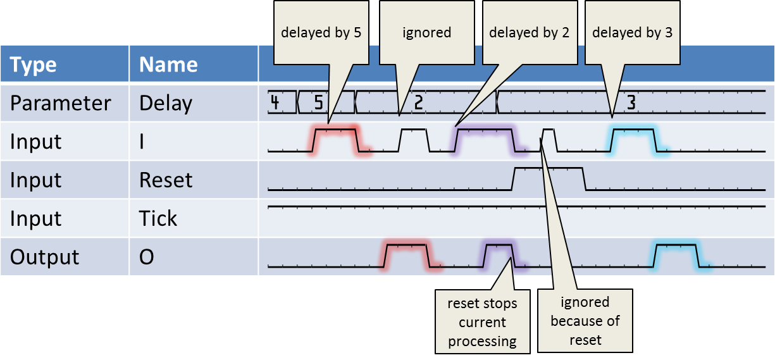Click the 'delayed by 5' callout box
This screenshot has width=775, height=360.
(x=321, y=32)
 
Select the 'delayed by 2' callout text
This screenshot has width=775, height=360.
(x=529, y=32)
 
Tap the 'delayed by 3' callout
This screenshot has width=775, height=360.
(x=632, y=32)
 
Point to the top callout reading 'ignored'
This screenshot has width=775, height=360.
(x=426, y=32)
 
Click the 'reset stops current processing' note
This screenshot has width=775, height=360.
(x=483, y=322)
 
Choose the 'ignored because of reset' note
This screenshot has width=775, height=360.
(x=585, y=321)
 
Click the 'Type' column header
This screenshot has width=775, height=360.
(x=34, y=65)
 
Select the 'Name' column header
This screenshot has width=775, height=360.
(x=168, y=65)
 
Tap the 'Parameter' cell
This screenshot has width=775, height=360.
(x=61, y=103)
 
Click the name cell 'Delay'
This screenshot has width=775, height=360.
(x=166, y=103)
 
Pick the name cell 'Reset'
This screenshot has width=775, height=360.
(x=166, y=180)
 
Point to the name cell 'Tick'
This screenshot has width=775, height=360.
(x=158, y=219)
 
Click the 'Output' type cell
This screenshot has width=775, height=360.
(x=44, y=257)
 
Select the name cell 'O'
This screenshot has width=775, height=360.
(x=147, y=257)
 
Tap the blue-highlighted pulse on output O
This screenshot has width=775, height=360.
(x=677, y=256)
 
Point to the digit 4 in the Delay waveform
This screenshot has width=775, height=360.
(x=275, y=102)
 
